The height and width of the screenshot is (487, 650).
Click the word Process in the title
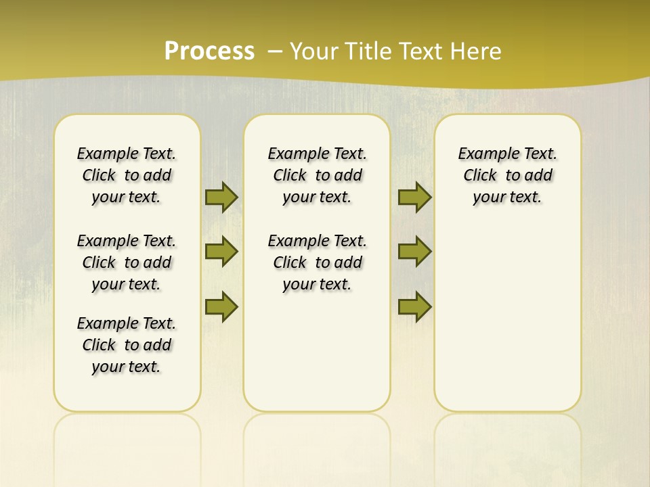[209, 51]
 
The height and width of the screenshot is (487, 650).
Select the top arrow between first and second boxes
[221, 197]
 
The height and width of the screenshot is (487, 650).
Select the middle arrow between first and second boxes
[221, 252]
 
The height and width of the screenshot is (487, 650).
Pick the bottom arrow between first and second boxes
[221, 306]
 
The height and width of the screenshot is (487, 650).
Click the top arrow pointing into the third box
[414, 197]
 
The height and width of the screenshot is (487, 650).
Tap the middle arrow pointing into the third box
[414, 252]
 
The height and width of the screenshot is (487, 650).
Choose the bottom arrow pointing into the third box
[414, 306]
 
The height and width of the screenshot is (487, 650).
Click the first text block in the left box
[127, 175]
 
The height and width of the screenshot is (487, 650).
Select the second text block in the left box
[127, 262]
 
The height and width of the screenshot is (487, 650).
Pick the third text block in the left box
[127, 345]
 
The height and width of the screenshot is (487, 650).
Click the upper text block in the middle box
[317, 175]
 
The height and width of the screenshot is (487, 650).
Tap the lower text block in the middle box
[317, 262]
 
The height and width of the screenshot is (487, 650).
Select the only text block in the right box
[507, 175]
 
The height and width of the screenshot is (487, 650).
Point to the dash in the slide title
[275, 51]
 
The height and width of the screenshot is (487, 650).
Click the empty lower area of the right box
[507, 325]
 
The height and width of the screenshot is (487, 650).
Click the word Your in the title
[315, 51]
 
